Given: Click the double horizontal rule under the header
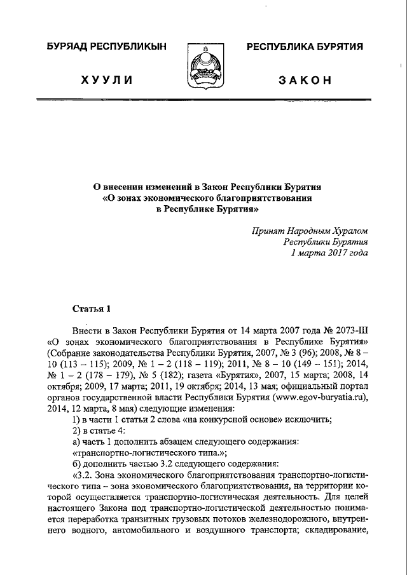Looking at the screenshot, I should [203, 100].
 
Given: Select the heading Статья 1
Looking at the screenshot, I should [92, 309].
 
